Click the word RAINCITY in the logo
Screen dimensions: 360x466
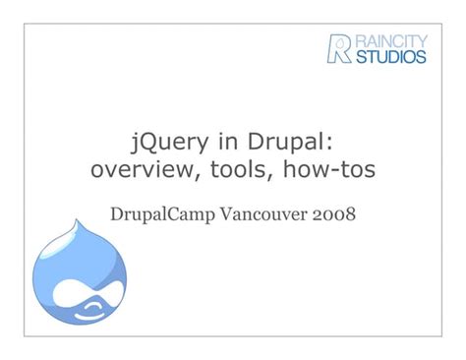click(x=391, y=40)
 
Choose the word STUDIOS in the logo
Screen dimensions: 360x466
click(x=392, y=57)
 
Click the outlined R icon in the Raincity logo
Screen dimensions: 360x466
click(x=339, y=48)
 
